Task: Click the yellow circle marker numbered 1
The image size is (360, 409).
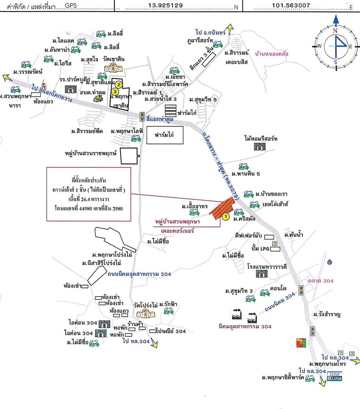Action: pos(225,217)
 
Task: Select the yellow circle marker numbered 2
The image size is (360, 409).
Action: pos(119,84)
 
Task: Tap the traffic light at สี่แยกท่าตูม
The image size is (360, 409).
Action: pos(142,116)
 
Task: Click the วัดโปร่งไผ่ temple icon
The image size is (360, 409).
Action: pos(144,313)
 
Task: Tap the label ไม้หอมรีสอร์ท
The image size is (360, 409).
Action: pos(261,139)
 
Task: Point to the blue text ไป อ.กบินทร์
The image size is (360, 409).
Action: pos(211,33)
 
